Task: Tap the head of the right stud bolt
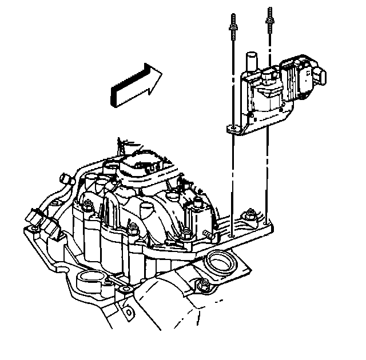[x=268, y=19]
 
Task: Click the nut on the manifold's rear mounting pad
[x=250, y=216]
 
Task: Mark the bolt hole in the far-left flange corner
[x=34, y=230]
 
